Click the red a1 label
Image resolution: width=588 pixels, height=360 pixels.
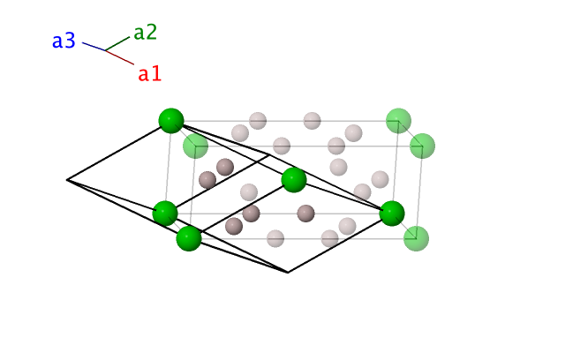pos(149,73)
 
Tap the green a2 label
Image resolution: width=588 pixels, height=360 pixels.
pos(145,33)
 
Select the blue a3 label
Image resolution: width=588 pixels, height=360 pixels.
pos(64,41)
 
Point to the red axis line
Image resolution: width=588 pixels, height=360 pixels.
pos(119,57)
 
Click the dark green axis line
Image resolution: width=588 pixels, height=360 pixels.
pos(117,43)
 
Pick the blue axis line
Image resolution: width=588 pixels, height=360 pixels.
pos(94,47)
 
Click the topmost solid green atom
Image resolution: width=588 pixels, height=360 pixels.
pos(171,121)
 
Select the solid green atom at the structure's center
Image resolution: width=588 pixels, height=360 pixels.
pos(294,180)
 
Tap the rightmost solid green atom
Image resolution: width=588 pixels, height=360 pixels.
pos(392,214)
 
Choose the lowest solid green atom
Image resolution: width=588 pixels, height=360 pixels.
pos(189,238)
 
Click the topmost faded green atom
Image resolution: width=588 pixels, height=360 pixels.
pos(399,121)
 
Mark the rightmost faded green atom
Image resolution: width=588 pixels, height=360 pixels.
pos(422,146)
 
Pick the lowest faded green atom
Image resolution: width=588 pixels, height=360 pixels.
pos(416,238)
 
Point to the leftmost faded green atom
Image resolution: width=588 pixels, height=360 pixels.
pos(195,146)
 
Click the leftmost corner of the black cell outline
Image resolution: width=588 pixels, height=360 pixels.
pos(67,180)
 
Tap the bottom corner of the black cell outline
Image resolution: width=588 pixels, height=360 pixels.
pos(288,273)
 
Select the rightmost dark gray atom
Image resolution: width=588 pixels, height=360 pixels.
pos(305,214)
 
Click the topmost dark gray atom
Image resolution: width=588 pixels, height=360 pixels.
pos(225,167)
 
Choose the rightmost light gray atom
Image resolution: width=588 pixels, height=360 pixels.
pos(380,179)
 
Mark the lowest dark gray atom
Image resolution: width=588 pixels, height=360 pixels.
pos(234,226)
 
